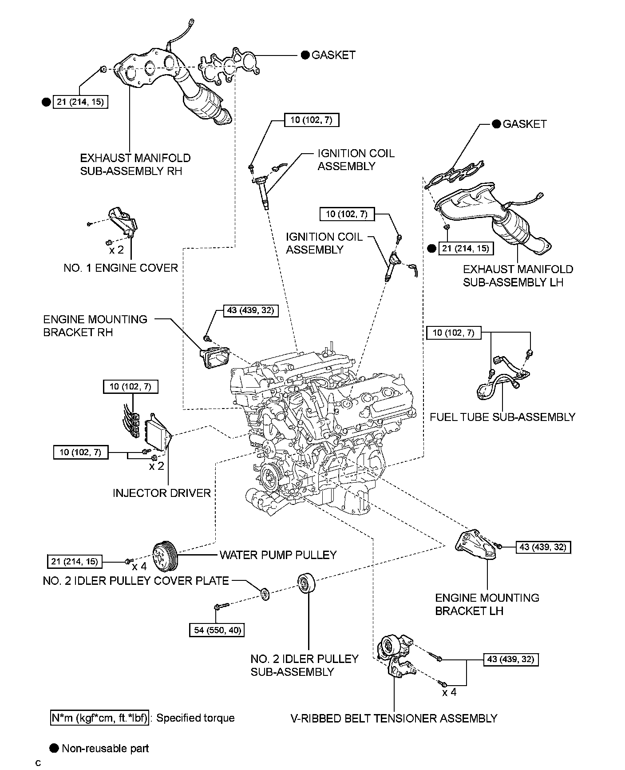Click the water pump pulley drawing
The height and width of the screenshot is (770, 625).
(x=165, y=555)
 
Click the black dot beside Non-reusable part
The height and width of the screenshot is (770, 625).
(x=54, y=748)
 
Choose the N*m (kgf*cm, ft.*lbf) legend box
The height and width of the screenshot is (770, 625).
(x=99, y=718)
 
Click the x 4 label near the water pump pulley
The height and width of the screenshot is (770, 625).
(x=139, y=567)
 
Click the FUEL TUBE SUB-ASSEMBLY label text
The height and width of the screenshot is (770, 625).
(x=502, y=417)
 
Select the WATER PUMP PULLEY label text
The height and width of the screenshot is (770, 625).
(x=278, y=555)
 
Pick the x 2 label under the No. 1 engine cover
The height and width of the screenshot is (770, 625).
(x=117, y=250)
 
